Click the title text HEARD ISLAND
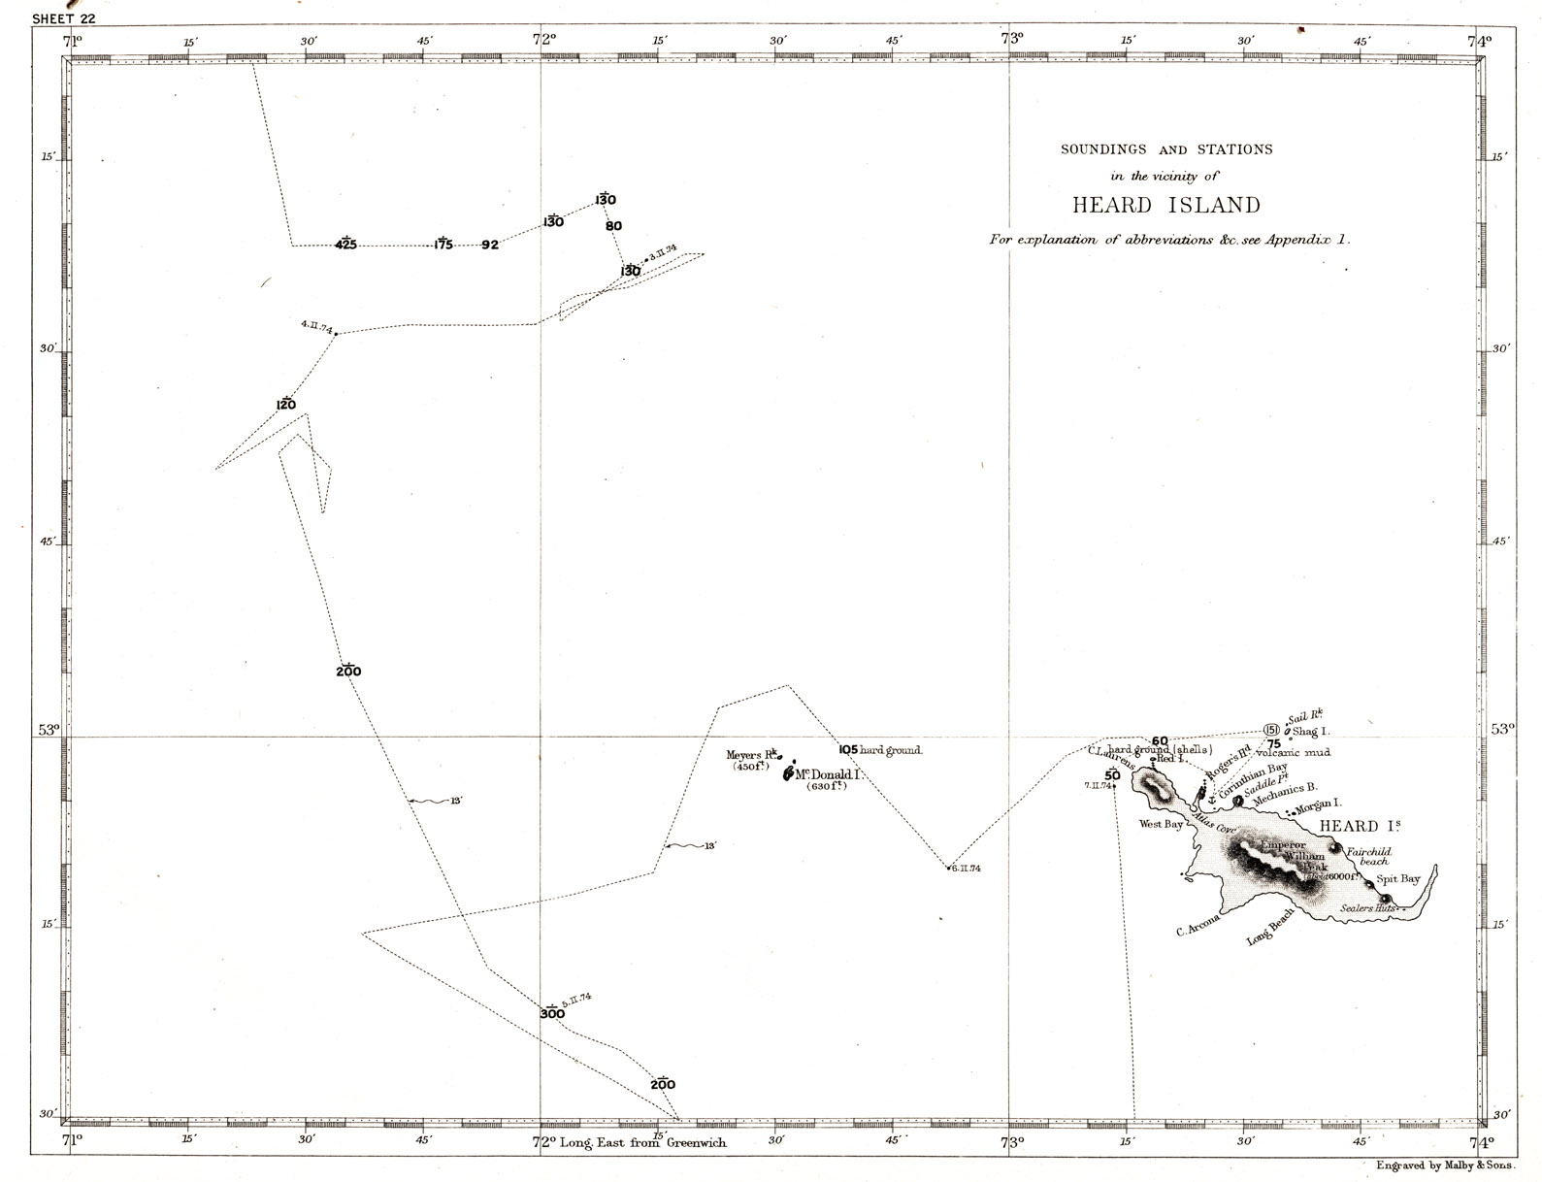pyautogui.click(x=1165, y=206)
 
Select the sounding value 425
pyautogui.click(x=345, y=245)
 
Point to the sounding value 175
pyautogui.click(x=443, y=245)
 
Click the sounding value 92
pyautogui.click(x=490, y=246)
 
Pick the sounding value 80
pyautogui.click(x=613, y=226)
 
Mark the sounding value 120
pyautogui.click(x=285, y=405)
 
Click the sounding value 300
pyautogui.click(x=552, y=1014)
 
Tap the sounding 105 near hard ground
pyautogui.click(x=848, y=750)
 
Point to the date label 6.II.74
pyautogui.click(x=966, y=869)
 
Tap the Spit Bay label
pyautogui.click(x=1398, y=879)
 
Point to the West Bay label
pyautogui.click(x=1161, y=825)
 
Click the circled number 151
pyautogui.click(x=1271, y=730)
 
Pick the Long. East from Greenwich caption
pyautogui.click(x=642, y=1142)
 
